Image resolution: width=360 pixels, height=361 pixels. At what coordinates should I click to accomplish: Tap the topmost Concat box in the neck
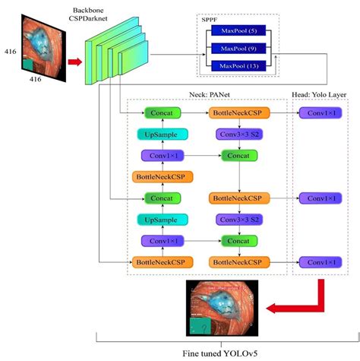tap(160, 112)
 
